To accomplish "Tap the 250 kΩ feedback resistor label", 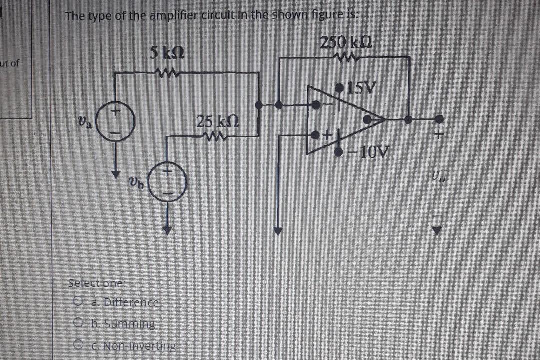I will click(x=346, y=42).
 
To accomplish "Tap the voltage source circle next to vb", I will click(x=169, y=182).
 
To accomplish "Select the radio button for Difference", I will click(x=77, y=302).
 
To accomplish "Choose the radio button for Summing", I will click(x=77, y=323).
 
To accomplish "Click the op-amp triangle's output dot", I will click(x=367, y=119).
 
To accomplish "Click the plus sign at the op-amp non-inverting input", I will click(x=328, y=135).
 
